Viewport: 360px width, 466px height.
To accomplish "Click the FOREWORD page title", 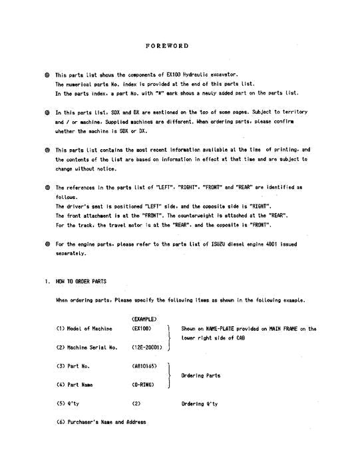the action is tap(167, 46).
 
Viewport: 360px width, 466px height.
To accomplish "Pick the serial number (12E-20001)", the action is tap(150, 348).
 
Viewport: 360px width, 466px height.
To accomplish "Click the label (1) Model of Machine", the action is tap(85, 328).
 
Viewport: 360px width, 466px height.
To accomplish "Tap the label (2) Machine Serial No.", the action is tap(87, 348).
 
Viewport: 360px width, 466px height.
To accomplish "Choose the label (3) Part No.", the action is tap(74, 366).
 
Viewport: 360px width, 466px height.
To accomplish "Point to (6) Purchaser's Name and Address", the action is tap(101, 422).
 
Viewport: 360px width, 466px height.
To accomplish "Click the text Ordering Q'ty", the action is tap(200, 403).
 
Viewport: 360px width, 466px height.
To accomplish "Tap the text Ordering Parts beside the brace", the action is tap(200, 375).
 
